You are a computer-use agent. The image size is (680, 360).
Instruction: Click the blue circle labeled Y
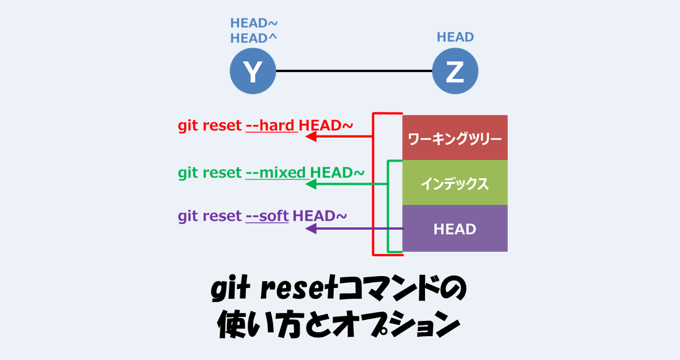[252, 71]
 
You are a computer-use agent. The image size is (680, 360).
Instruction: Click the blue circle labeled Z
[455, 71]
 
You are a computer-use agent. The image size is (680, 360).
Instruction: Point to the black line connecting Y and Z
[354, 71]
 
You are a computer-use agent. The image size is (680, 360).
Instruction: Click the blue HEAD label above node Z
[455, 37]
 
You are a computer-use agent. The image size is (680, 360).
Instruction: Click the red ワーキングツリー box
[454, 138]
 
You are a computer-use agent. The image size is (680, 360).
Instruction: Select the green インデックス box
[454, 183]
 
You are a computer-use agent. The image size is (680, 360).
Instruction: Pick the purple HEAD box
[454, 228]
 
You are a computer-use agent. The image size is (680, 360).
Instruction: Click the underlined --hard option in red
[271, 126]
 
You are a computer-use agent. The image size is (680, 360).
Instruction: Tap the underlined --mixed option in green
[277, 172]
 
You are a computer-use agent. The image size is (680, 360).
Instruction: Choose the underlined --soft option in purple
[267, 216]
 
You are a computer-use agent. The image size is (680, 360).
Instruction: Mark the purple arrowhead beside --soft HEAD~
[312, 228]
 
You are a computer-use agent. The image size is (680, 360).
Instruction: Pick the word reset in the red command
[222, 126]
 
